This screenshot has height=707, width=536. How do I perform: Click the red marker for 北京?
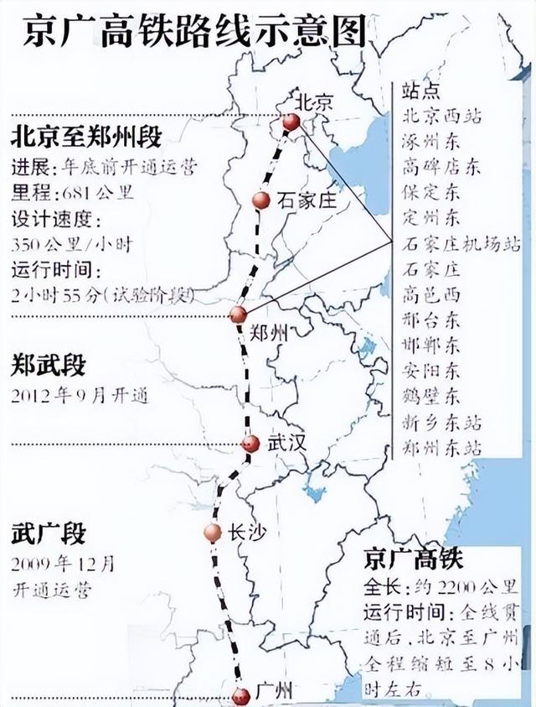pos(291,123)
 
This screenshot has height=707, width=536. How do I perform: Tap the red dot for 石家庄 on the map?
pos(260,200)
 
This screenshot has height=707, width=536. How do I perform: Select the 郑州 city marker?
pos(238,315)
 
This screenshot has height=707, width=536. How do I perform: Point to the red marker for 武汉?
pos(250,444)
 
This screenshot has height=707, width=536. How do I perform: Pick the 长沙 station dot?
pos(213,532)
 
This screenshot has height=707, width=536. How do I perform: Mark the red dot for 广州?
pos(241,694)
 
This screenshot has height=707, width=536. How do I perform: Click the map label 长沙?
pos(244,532)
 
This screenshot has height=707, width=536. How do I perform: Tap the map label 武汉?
pos(283,444)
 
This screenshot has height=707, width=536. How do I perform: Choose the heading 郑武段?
pos(49,366)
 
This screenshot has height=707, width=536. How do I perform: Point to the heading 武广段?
pos(49,533)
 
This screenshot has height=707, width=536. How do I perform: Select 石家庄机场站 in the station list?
pos(461,244)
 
